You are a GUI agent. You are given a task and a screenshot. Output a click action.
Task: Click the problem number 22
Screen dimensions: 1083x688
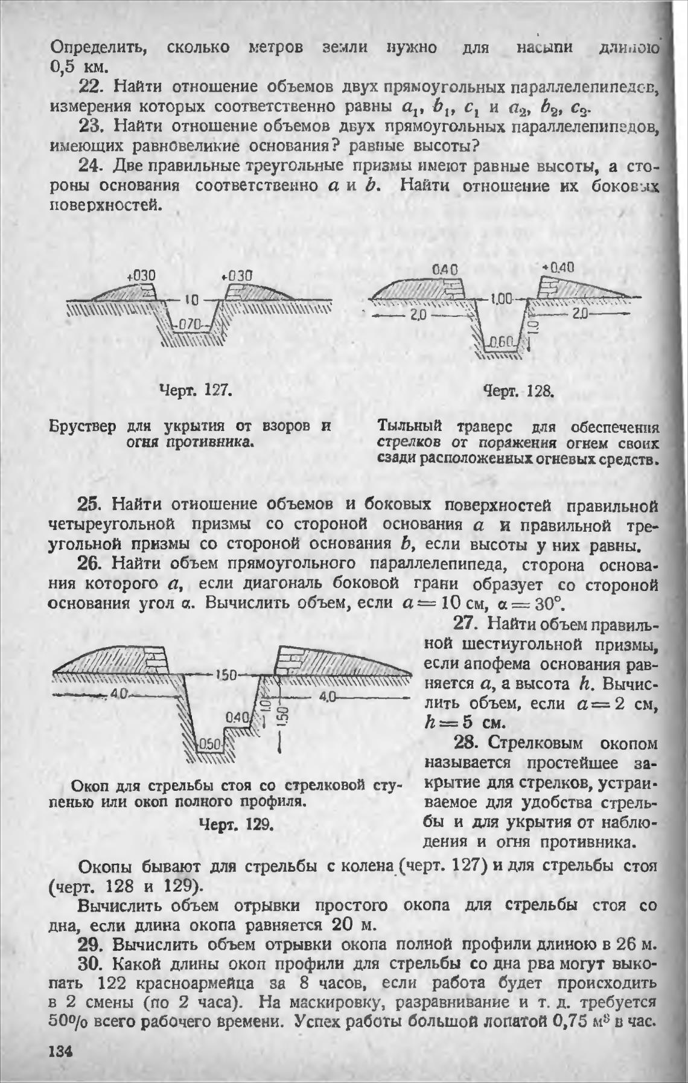pyautogui.click(x=92, y=87)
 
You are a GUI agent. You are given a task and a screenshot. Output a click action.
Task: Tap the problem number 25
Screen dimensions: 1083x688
pyautogui.click(x=92, y=504)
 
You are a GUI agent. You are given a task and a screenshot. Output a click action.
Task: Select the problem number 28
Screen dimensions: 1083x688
pyautogui.click(x=466, y=743)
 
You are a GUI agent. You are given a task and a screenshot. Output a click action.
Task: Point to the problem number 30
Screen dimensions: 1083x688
pyautogui.click(x=92, y=964)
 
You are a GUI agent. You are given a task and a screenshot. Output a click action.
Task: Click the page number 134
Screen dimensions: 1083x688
pyautogui.click(x=61, y=1050)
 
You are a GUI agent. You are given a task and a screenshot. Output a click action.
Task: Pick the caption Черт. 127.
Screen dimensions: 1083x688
pyautogui.click(x=195, y=390)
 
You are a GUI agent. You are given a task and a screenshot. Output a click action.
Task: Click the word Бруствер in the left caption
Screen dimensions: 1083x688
pyautogui.click(x=82, y=426)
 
